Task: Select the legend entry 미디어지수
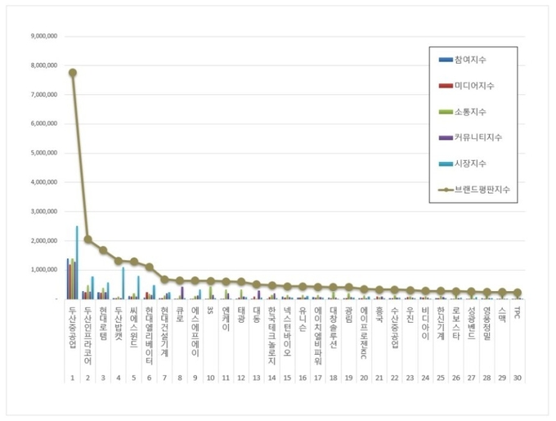click(x=474, y=85)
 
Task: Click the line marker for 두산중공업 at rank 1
click(x=73, y=72)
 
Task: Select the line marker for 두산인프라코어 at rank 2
click(x=87, y=240)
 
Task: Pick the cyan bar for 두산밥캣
click(x=123, y=283)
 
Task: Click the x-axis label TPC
click(x=516, y=311)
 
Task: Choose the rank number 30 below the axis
click(x=516, y=378)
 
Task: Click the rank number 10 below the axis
click(x=210, y=378)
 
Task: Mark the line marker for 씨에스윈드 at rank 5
click(x=133, y=262)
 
